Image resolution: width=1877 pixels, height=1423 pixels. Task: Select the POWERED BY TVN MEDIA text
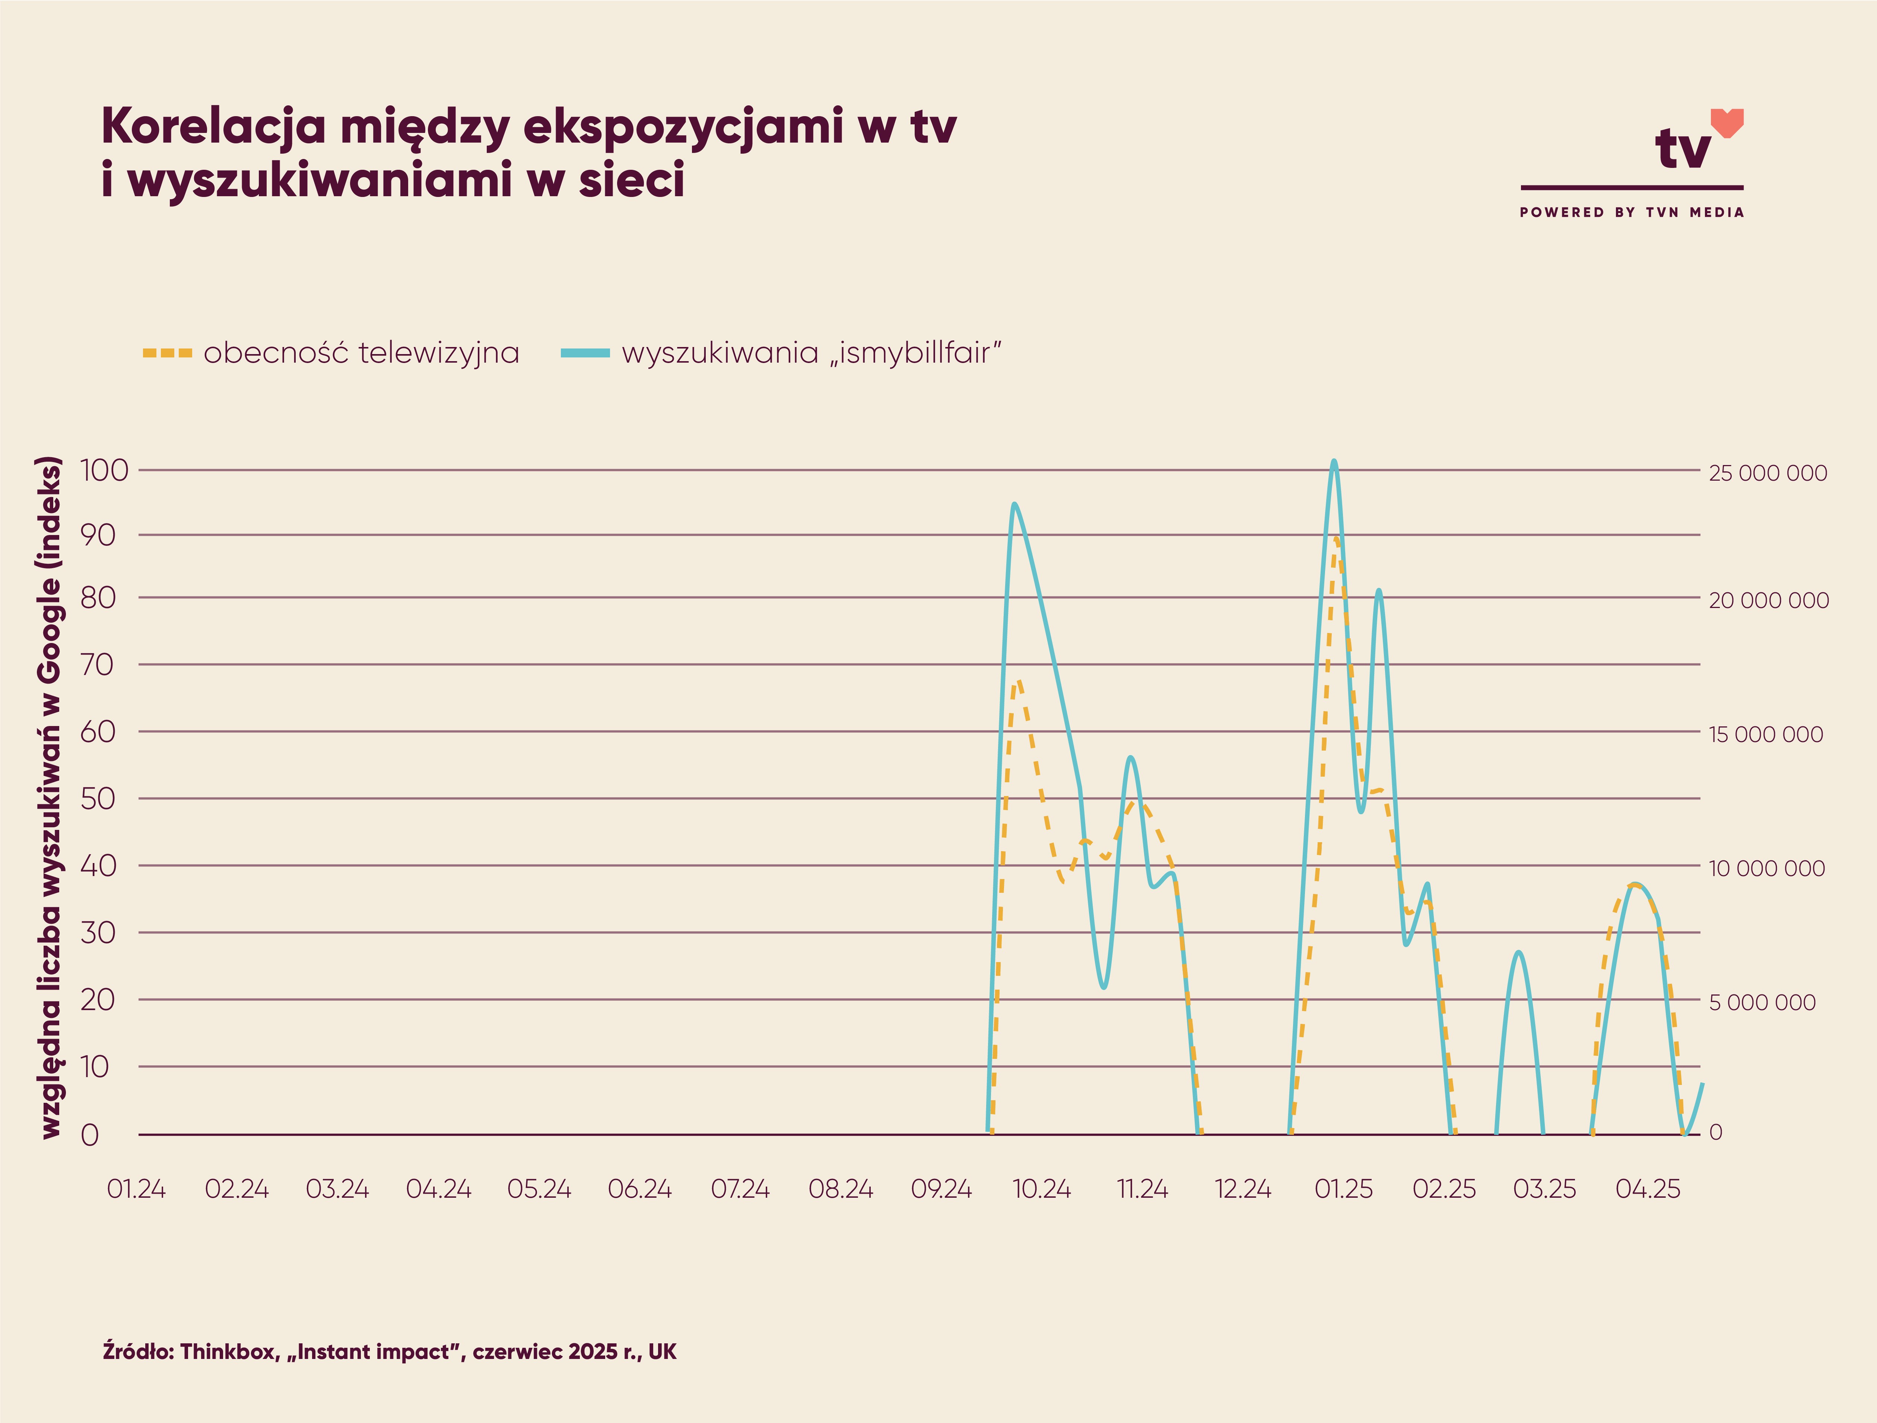pyautogui.click(x=1631, y=212)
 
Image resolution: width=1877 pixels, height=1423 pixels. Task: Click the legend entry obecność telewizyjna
pyautogui.click(x=361, y=353)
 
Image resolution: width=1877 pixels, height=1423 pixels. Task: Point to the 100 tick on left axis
pyautogui.click(x=104, y=470)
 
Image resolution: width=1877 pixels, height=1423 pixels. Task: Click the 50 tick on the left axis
pyautogui.click(x=98, y=799)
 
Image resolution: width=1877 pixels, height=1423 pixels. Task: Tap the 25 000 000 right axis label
pyautogui.click(x=1768, y=474)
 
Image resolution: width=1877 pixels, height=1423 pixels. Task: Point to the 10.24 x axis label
pyautogui.click(x=1042, y=1189)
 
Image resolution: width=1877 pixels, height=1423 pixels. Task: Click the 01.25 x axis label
pyautogui.click(x=1343, y=1189)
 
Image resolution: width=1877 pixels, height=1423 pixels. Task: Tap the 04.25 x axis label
pyautogui.click(x=1647, y=1189)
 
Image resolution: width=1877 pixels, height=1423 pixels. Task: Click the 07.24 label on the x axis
pyautogui.click(x=740, y=1189)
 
